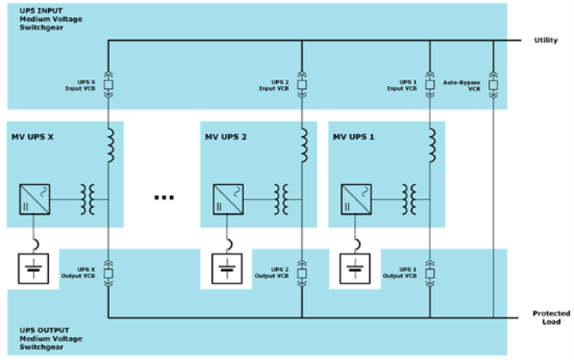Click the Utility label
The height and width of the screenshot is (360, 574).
tap(546, 40)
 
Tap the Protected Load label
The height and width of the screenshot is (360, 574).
tap(551, 317)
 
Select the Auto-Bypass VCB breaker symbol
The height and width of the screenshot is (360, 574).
tap(493, 85)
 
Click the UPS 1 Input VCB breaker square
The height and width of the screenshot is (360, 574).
tap(430, 85)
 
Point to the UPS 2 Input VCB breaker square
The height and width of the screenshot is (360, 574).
tap(302, 85)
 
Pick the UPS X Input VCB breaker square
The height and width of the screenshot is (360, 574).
tap(108, 85)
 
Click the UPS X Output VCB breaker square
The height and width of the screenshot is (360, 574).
tap(108, 273)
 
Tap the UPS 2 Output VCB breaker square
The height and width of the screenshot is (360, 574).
tap(302, 273)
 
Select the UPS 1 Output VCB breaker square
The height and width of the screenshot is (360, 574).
tap(430, 273)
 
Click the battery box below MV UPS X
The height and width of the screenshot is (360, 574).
tap(33, 268)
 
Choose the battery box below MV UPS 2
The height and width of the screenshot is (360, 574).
tap(227, 268)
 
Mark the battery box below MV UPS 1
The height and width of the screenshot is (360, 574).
tap(355, 268)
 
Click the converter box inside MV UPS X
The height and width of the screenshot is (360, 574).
tap(34, 199)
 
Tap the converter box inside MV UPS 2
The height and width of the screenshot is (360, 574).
tap(228, 199)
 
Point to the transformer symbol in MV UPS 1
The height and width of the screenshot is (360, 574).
tap(409, 199)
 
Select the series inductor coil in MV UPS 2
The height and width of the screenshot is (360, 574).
tap(304, 145)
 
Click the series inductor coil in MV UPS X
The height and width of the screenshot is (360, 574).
tap(110, 145)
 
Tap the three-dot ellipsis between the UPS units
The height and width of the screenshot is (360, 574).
tap(163, 198)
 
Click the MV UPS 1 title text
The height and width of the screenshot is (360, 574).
tap(353, 137)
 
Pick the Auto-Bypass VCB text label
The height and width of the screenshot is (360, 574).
tap(462, 85)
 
